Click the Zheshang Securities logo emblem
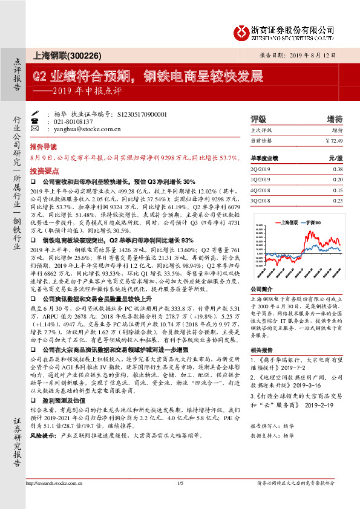(x=242, y=30)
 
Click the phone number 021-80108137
(x=70, y=121)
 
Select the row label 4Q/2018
(x=260, y=190)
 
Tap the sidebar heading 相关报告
(x=260, y=350)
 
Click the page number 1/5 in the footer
(x=180, y=499)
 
